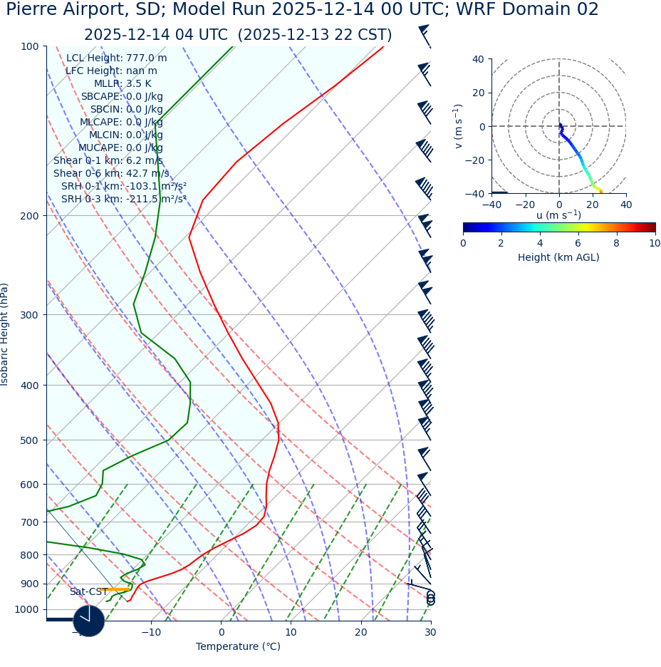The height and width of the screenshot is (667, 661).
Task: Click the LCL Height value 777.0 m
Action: (x=146, y=58)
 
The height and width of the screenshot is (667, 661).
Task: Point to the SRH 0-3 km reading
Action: (x=124, y=199)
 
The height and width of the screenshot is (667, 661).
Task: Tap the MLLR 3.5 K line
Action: (x=123, y=84)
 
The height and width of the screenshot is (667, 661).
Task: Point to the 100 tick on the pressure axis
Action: (x=29, y=46)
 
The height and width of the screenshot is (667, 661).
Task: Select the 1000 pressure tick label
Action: (x=26, y=609)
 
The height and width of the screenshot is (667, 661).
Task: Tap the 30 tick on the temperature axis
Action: (x=430, y=632)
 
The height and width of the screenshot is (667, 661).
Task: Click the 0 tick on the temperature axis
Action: (x=221, y=632)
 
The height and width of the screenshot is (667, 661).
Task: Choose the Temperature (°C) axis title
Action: (x=238, y=647)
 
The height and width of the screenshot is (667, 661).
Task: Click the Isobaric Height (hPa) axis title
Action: (x=5, y=334)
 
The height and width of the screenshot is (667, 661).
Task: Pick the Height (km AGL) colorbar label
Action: (x=558, y=257)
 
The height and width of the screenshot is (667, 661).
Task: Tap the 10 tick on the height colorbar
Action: (x=654, y=243)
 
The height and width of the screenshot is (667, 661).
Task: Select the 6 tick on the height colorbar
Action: (x=578, y=243)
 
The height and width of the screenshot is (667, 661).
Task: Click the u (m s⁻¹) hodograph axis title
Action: (x=558, y=215)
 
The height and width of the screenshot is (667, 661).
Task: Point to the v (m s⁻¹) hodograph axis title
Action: (x=459, y=126)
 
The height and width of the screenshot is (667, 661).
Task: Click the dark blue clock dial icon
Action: (x=89, y=621)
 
